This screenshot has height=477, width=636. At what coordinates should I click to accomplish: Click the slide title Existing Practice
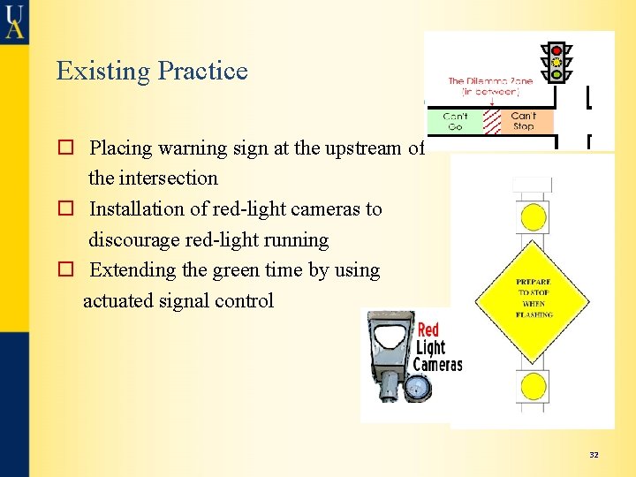[x=152, y=71]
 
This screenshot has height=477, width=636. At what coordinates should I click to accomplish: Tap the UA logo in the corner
[x=14, y=20]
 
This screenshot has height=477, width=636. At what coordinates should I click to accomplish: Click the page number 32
[x=594, y=455]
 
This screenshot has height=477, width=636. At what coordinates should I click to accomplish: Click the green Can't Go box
[x=455, y=121]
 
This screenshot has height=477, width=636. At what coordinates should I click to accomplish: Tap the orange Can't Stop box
[x=523, y=121]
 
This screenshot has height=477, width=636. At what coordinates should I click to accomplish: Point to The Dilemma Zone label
[x=483, y=85]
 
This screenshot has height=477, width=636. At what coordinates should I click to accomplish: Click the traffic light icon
[x=556, y=62]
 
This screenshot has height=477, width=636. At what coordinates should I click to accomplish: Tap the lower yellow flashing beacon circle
[x=533, y=386]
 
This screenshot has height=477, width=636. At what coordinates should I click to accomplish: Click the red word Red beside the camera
[x=428, y=330]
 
